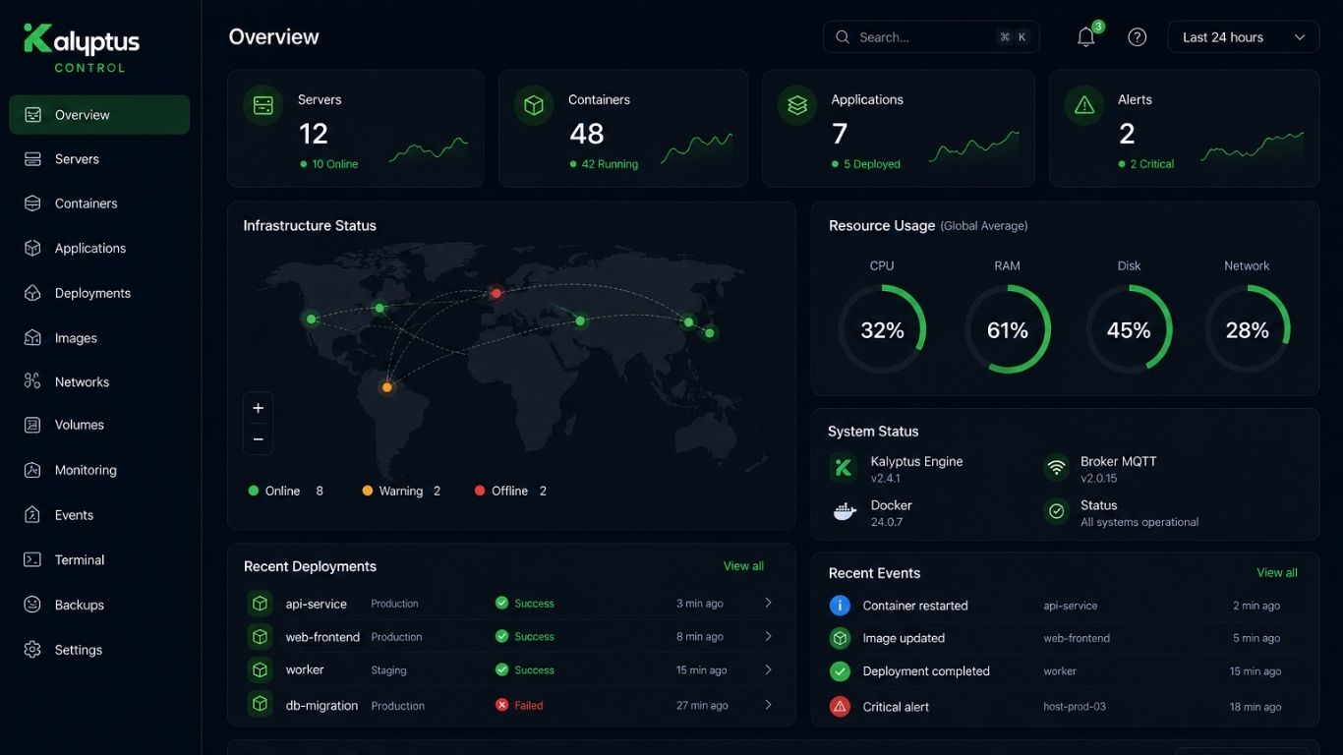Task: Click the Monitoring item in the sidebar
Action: point(86,470)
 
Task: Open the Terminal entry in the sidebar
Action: point(79,560)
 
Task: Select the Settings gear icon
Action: point(32,650)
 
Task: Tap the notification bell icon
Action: point(1085,37)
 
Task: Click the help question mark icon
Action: point(1137,37)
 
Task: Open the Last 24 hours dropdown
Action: point(1244,37)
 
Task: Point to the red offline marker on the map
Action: point(496,293)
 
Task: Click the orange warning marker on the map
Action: point(387,387)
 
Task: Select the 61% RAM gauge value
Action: point(1007,330)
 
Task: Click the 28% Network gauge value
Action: point(1247,330)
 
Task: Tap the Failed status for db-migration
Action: point(528,706)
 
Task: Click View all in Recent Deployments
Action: point(743,566)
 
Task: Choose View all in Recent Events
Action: point(1277,573)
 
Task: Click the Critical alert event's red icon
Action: point(840,707)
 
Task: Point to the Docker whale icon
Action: point(845,511)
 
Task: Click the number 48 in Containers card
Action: point(586,134)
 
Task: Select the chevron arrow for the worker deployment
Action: point(768,669)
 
